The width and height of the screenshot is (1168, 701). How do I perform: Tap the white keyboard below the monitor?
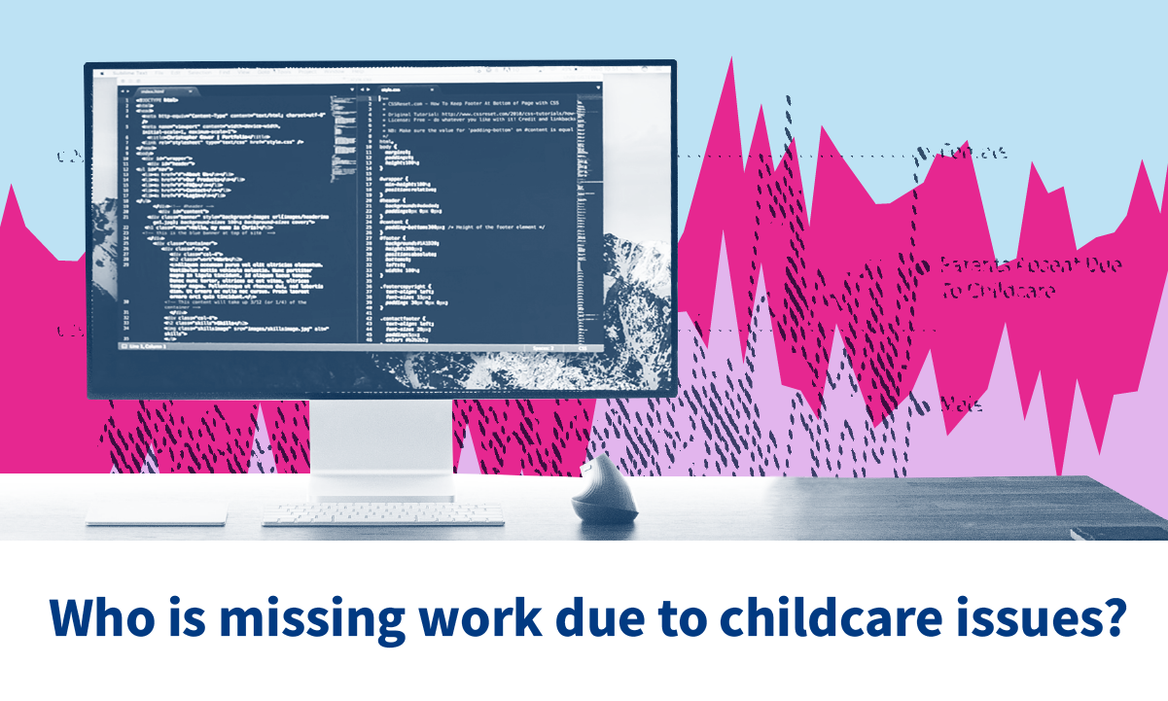383,513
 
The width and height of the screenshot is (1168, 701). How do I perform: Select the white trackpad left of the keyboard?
157,514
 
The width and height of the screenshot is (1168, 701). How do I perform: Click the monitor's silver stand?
380,448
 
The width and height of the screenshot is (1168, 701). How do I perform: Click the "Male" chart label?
961,404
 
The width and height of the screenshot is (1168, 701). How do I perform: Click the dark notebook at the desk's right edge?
1118,532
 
